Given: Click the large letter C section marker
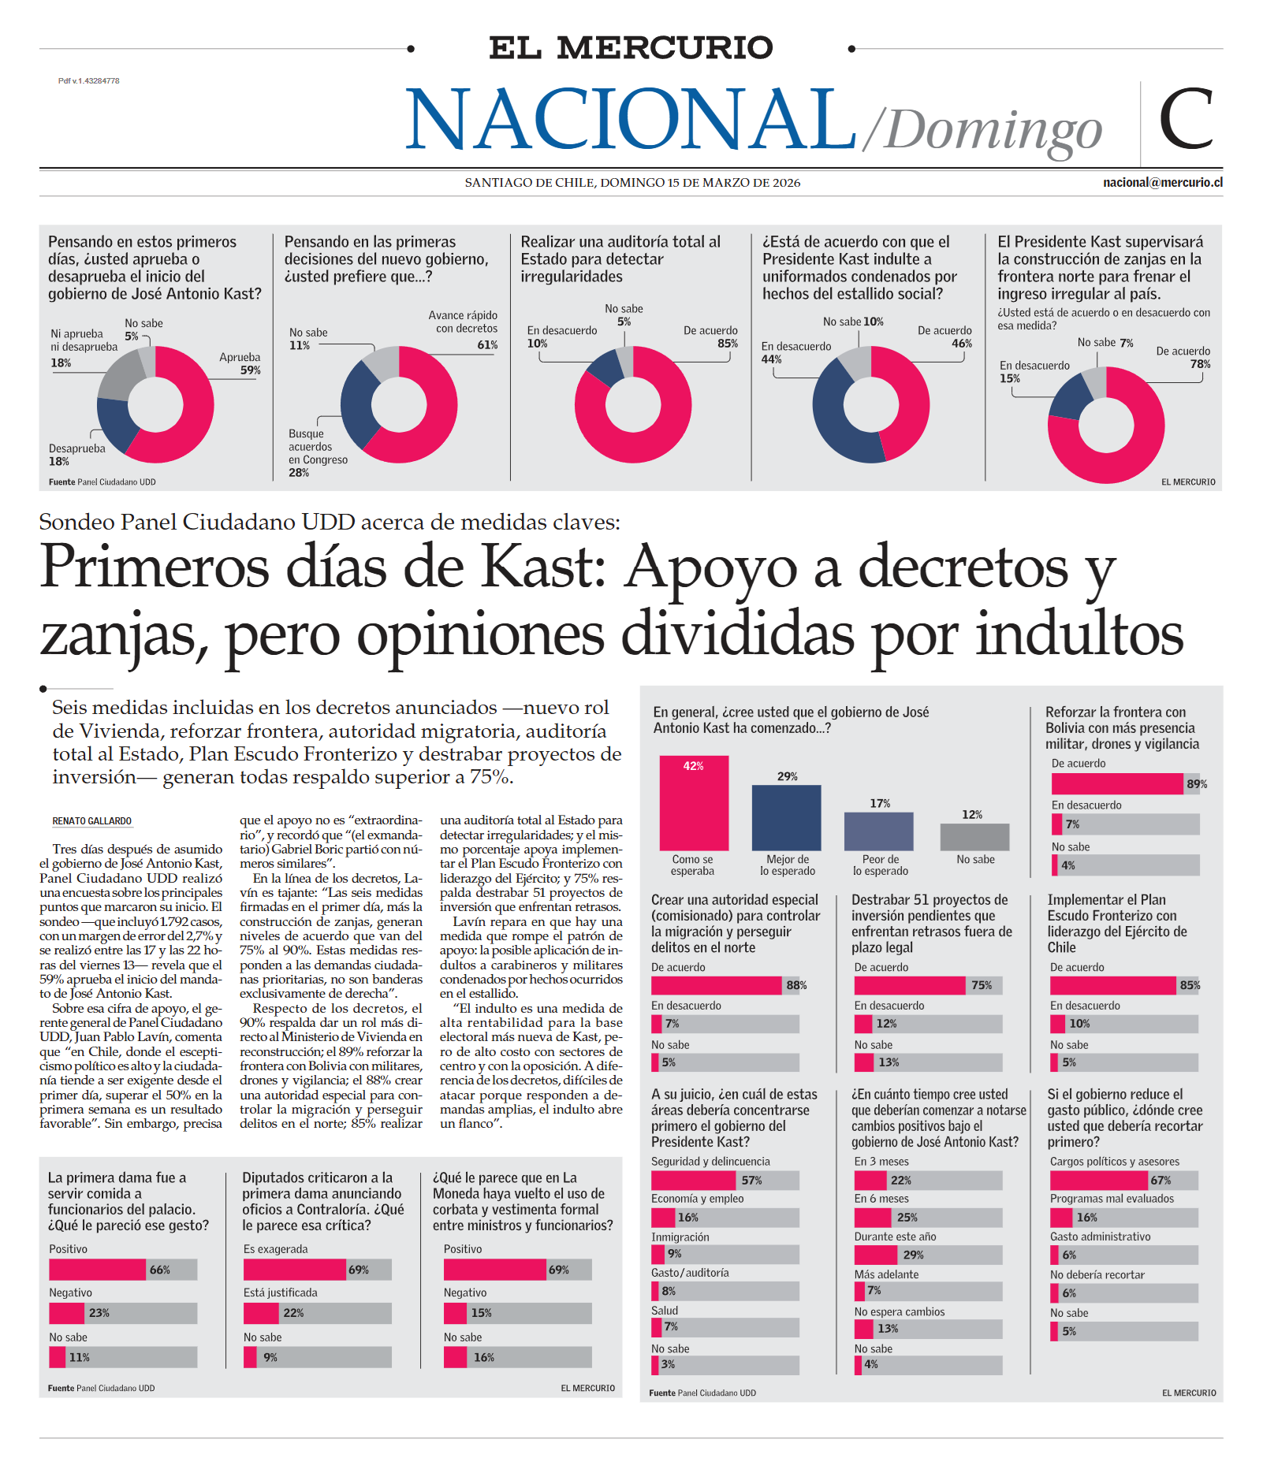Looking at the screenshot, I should pos(1185,119).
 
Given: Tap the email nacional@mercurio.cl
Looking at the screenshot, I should pos(1162,182).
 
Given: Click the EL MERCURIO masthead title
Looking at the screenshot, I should pos(631,47).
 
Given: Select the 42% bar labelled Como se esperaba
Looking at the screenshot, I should pos(694,802).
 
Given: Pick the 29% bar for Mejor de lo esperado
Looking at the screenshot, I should pos(786,816).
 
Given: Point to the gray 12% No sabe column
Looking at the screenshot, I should pos(974,836).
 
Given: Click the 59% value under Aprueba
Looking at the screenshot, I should pos(251,370).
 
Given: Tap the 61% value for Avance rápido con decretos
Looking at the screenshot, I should pos(487,345).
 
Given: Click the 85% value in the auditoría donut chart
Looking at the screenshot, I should pos(728,344).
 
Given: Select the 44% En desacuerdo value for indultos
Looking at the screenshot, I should pos(771,359).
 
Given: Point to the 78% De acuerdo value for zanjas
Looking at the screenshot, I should pos(1200,364).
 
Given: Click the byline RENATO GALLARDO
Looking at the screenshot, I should pos(91,821).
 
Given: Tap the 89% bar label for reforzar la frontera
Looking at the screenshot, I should pos(1196,784).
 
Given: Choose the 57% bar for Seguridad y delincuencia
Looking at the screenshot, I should pos(694,1180).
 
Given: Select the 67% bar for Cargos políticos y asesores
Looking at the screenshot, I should pos(1100,1180).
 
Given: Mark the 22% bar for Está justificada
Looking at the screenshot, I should pos(261,1313).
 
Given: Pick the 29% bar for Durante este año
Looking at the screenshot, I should pos(877,1255).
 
